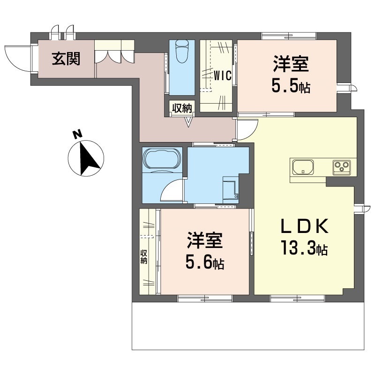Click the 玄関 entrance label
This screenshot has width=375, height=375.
point(66,59)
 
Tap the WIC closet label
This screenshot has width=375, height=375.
point(222,75)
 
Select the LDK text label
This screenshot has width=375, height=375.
point(304,226)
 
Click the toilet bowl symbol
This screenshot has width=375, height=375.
point(182,51)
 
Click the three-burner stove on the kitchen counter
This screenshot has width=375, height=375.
point(342,167)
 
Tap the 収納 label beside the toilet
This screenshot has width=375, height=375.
point(182,108)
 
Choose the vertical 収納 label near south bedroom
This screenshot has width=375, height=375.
point(143,257)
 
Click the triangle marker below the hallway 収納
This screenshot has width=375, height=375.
point(189,122)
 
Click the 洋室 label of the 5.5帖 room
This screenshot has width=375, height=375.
point(291,64)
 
